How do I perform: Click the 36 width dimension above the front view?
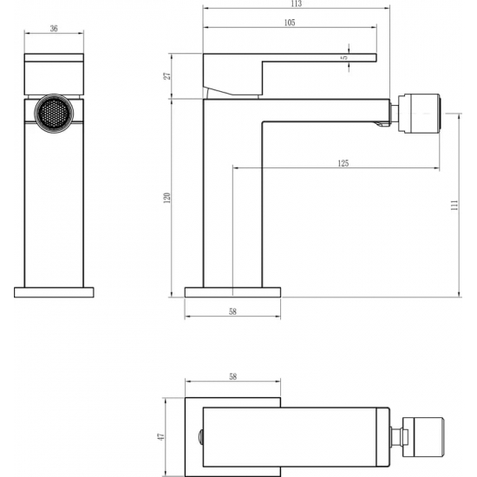tap(54, 29)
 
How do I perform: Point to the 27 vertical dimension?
tap(167, 76)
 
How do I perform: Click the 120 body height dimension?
tap(167, 197)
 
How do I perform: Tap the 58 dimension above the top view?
tap(232, 377)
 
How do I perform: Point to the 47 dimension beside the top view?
tap(159, 437)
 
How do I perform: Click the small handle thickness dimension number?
tap(344, 57)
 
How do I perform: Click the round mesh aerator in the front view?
tap(54, 113)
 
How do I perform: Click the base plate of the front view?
tap(54, 292)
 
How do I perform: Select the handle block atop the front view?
tap(54, 74)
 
